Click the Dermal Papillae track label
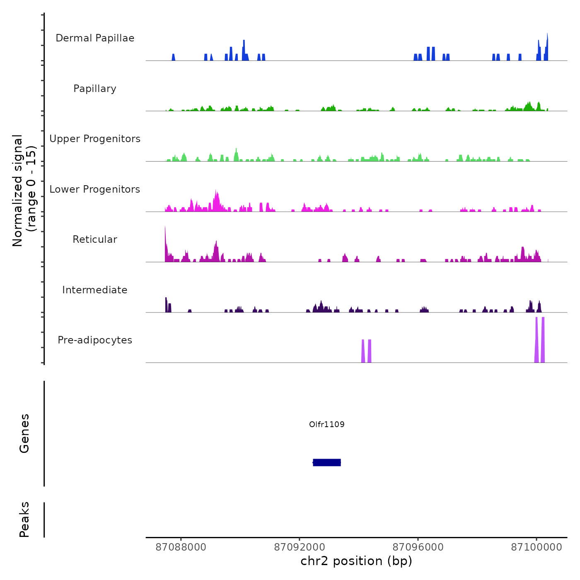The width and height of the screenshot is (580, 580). pos(95,38)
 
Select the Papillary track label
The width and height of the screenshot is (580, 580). pos(95,89)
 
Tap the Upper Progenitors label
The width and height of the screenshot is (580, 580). pos(95,139)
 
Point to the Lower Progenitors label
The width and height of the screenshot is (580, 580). pos(95,189)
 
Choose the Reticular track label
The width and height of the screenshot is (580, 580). pos(95,239)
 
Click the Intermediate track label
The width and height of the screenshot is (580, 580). pos(95,290)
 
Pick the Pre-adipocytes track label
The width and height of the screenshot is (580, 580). pos(95,340)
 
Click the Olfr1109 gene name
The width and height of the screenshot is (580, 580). pos(327,424)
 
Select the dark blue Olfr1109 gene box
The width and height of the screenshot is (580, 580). pos(327,462)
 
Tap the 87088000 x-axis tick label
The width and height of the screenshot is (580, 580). pos(181,547)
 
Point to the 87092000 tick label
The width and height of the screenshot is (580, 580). pos(300,547)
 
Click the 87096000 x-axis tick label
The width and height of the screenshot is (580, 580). pos(418,547)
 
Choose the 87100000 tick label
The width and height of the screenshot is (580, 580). pos(536,547)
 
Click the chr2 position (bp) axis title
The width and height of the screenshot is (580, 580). pos(356,561)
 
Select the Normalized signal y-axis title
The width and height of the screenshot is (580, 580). pos(24,191)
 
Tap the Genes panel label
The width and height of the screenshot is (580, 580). pos(24,433)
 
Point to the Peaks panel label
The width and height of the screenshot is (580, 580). pos(24,520)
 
